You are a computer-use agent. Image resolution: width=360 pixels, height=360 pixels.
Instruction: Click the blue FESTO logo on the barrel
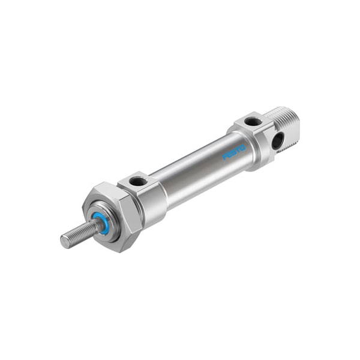[234, 152]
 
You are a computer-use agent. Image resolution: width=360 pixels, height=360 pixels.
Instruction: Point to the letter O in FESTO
[243, 148]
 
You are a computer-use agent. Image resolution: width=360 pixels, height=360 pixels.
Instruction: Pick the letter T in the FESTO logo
[238, 150]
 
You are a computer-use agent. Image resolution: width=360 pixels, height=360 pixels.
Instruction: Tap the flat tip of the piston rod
[65, 242]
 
